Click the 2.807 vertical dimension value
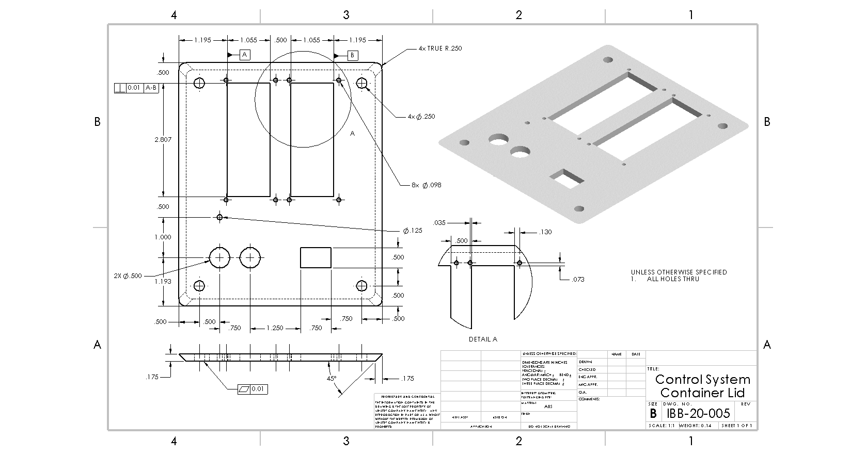pyautogui.click(x=163, y=140)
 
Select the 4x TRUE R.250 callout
pyautogui.click(x=440, y=48)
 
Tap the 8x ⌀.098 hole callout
pyautogui.click(x=426, y=185)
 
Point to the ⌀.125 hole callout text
pyautogui.click(x=413, y=231)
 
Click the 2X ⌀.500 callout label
pyautogui.click(x=128, y=276)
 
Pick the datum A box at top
pyautogui.click(x=245, y=55)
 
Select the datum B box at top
pyautogui.click(x=353, y=55)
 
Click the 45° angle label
pyautogui.click(x=332, y=378)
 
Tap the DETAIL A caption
pyautogui.click(x=483, y=339)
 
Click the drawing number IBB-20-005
pyautogui.click(x=698, y=413)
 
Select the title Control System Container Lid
pyautogui.click(x=702, y=386)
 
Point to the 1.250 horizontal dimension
pyautogui.click(x=275, y=328)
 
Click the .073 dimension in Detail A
pyautogui.click(x=578, y=280)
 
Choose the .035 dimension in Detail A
pyautogui.click(x=439, y=223)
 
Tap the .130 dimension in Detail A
pyautogui.click(x=545, y=232)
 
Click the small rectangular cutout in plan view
pyautogui.click(x=316, y=257)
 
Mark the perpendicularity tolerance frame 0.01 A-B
pyautogui.click(x=136, y=88)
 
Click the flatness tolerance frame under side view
pyautogui.click(x=253, y=389)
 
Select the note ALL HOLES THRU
pyautogui.click(x=673, y=279)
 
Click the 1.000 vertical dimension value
pyautogui.click(x=163, y=237)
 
